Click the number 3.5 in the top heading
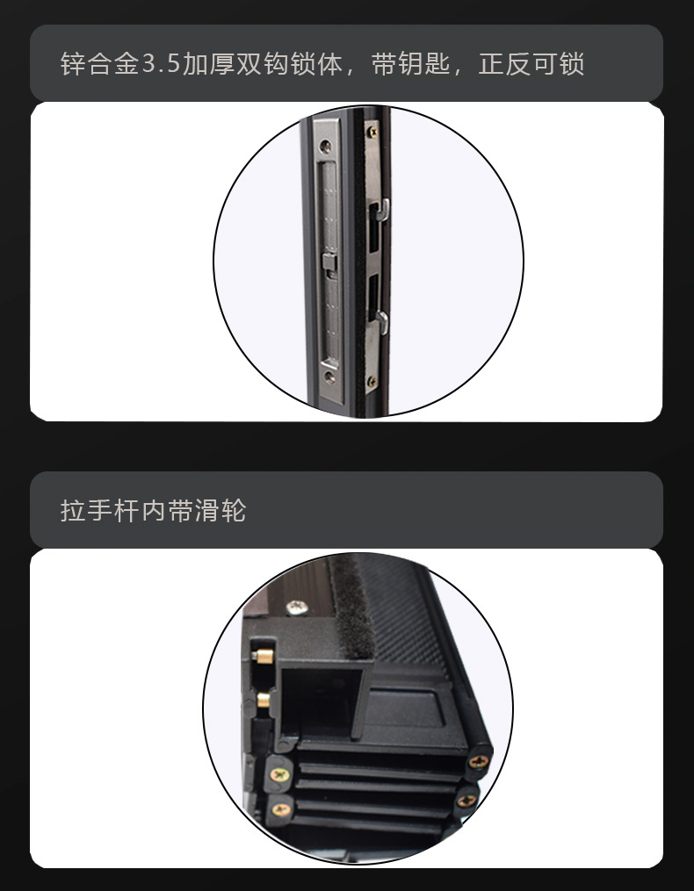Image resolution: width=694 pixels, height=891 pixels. point(161,63)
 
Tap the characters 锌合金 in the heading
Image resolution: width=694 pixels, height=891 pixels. point(99,63)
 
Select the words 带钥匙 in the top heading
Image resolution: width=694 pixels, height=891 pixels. point(411,63)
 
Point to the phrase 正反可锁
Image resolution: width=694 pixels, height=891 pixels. point(531,63)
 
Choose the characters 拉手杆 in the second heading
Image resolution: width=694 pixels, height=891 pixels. point(99,510)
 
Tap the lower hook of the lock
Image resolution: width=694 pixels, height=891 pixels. point(382,322)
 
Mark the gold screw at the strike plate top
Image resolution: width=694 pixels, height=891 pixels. point(372,132)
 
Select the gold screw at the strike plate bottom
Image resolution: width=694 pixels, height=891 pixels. point(372,381)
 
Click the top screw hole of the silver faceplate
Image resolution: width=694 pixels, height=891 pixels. point(325,147)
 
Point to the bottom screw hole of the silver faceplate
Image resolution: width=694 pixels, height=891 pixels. point(329,377)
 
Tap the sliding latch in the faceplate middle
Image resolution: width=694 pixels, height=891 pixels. point(329,263)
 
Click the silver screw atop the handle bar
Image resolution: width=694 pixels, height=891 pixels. point(296,607)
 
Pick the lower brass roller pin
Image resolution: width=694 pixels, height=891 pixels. point(263,700)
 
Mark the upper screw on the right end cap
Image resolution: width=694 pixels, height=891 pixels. point(479,761)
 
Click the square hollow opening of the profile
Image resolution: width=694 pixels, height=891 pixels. point(321,701)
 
